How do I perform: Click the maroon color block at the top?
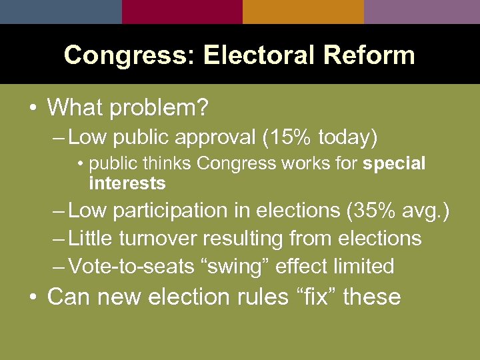coord(182,11)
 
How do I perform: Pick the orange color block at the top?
coord(303,11)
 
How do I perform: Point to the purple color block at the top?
coord(422,11)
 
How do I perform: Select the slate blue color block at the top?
coord(61,11)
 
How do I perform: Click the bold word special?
coord(394,164)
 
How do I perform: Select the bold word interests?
coord(127,183)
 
